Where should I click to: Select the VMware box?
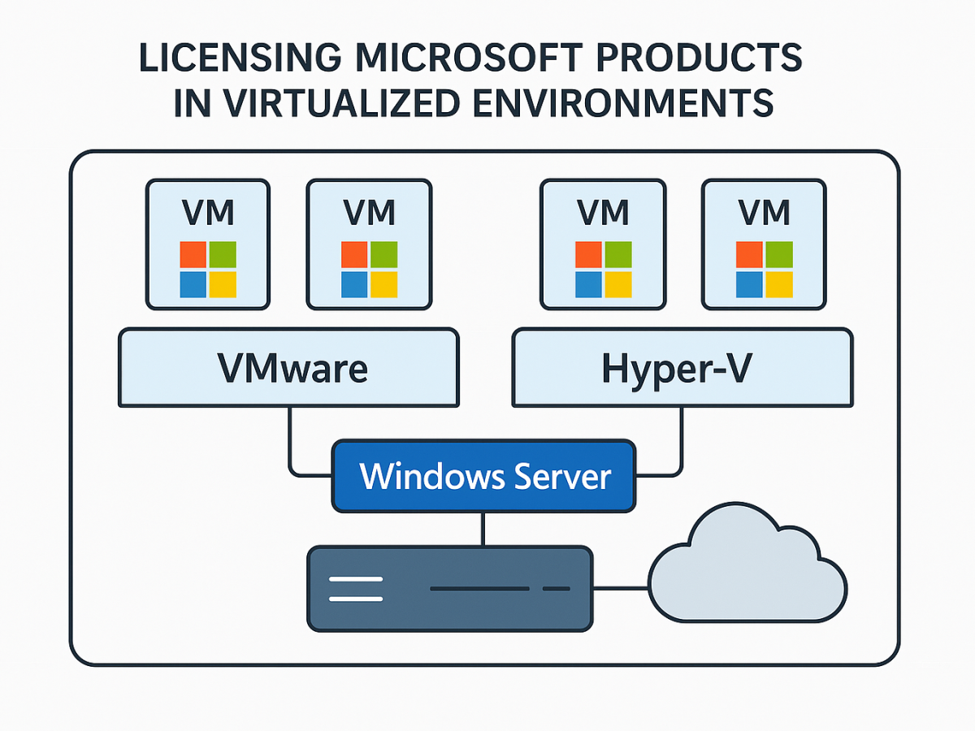288,367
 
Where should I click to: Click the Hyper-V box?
682,367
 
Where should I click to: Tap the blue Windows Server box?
483,476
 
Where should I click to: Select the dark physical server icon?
449,589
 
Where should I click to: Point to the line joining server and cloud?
619,589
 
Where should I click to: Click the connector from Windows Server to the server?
483,530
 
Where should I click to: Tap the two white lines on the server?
355,589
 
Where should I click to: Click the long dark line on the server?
479,588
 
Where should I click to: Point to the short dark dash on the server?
556,588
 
